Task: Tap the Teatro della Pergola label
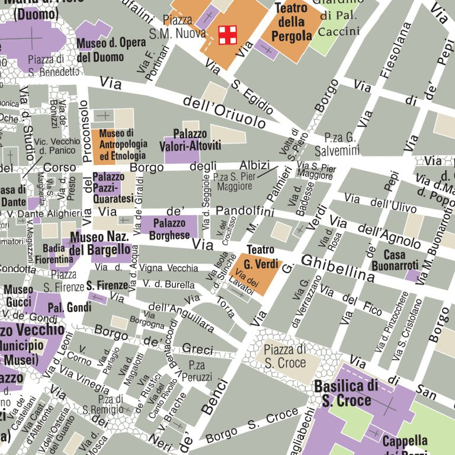[291, 22]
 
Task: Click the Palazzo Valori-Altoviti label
[190, 140]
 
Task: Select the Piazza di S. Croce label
[285, 356]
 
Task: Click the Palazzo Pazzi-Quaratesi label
[108, 187]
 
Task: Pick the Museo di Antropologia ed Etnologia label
[123, 145]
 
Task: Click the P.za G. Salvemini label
[338, 143]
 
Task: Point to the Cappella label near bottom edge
[405, 441]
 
